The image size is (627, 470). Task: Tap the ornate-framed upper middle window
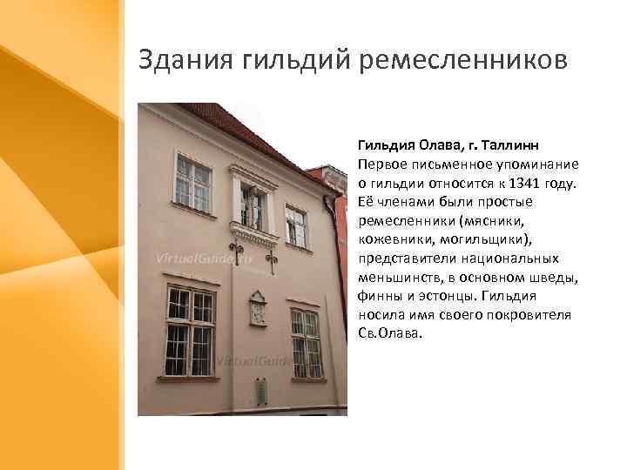coord(253,206)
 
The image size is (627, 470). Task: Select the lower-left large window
coord(190,331)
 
